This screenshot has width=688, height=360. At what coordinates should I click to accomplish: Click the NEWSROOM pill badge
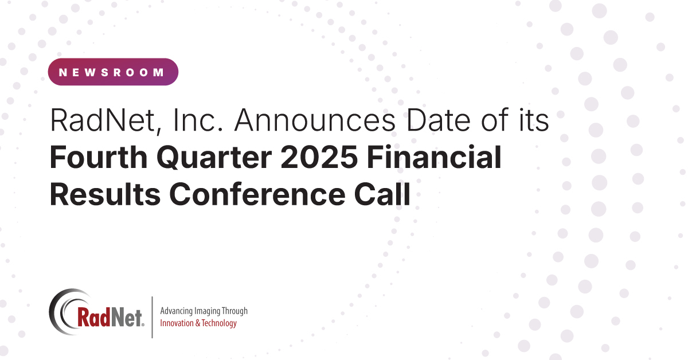113,72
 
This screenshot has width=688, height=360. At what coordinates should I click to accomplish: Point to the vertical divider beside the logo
152,317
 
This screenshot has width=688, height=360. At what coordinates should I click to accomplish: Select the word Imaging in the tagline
210,311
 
